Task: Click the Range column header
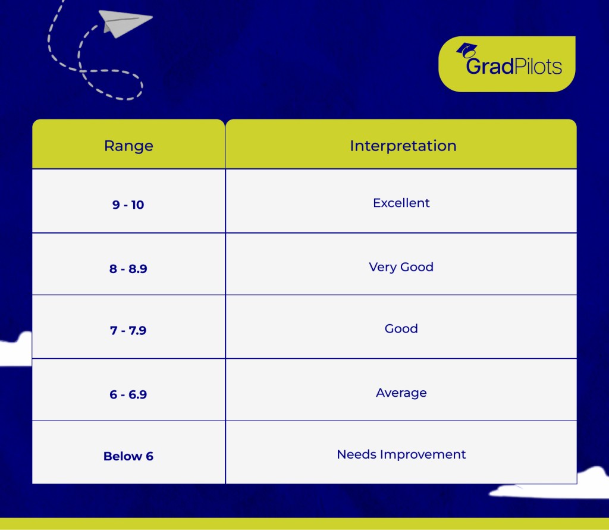click(128, 146)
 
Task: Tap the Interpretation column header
click(403, 146)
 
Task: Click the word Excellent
click(401, 203)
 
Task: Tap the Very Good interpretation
click(401, 267)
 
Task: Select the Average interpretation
click(401, 393)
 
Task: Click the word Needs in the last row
click(357, 454)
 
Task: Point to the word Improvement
click(423, 454)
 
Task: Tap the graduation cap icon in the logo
click(467, 51)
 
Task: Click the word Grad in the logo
click(490, 66)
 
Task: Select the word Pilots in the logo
click(538, 66)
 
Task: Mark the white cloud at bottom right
click(551, 484)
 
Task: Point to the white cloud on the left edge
click(15, 350)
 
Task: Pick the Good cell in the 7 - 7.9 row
click(401, 329)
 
